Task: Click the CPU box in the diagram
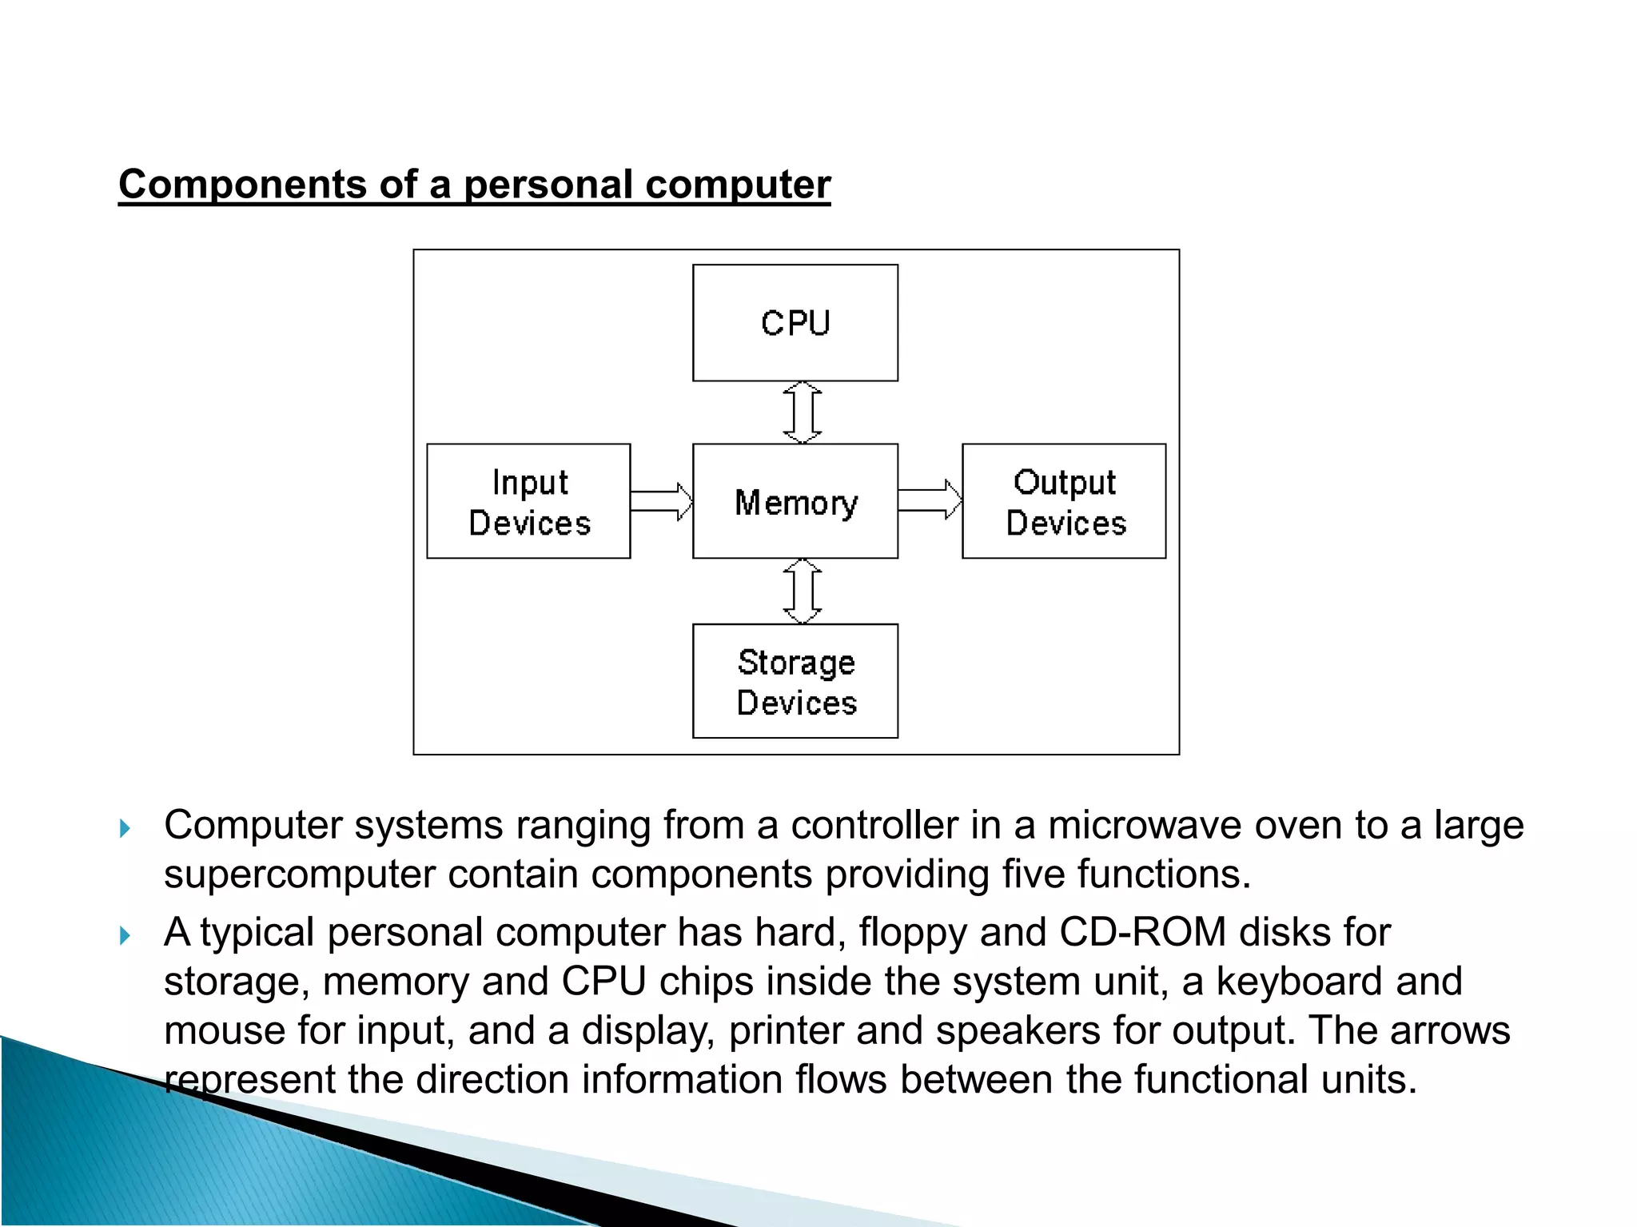tap(795, 323)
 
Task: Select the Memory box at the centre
tap(795, 502)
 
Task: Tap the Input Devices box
tap(528, 502)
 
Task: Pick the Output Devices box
tap(1064, 502)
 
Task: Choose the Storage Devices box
tap(795, 682)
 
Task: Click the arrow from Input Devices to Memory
tap(661, 502)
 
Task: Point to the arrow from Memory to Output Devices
tap(930, 500)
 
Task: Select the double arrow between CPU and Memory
tap(803, 412)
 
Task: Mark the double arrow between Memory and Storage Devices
tap(803, 592)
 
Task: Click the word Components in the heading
tap(242, 185)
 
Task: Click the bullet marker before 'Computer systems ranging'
tap(125, 828)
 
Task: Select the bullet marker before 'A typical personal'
tap(125, 935)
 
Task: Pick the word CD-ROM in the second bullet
tap(1142, 933)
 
